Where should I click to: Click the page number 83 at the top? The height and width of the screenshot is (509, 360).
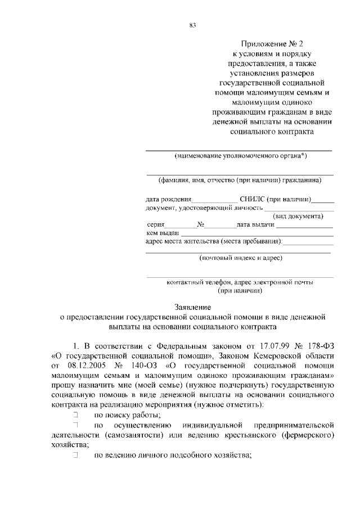point(192,25)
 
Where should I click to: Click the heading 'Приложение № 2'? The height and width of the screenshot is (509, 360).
point(272,44)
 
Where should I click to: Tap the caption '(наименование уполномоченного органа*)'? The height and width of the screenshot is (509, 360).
point(240,156)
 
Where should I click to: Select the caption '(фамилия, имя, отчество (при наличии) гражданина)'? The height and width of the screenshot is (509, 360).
point(240,181)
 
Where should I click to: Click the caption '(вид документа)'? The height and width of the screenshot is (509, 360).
point(298,216)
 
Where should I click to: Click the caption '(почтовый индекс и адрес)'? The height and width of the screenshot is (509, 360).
point(241,258)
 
